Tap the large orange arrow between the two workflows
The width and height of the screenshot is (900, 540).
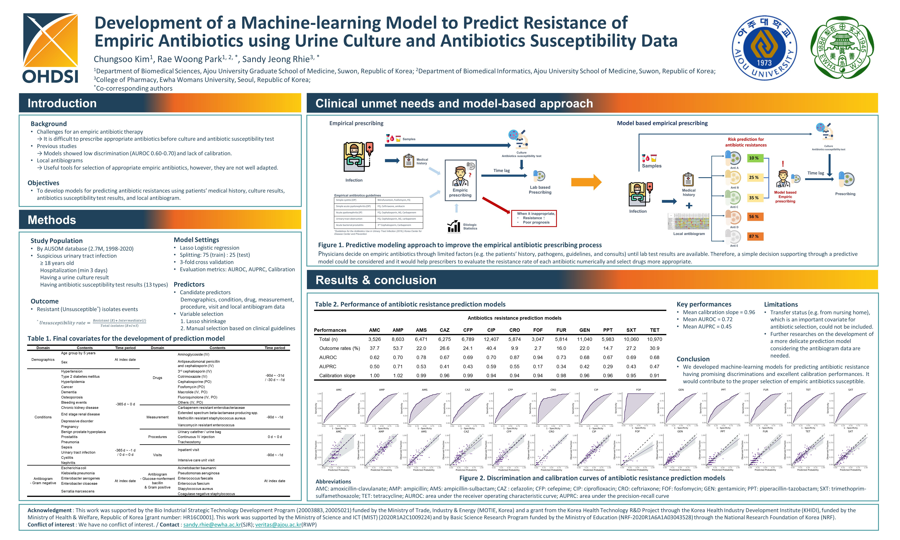586,182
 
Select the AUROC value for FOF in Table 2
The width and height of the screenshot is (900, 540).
538,357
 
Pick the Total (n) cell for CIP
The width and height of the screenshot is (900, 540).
491,339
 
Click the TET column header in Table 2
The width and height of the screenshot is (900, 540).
654,330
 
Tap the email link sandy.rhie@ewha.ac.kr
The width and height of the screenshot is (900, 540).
212,525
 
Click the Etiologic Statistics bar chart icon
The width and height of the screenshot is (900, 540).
453,226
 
